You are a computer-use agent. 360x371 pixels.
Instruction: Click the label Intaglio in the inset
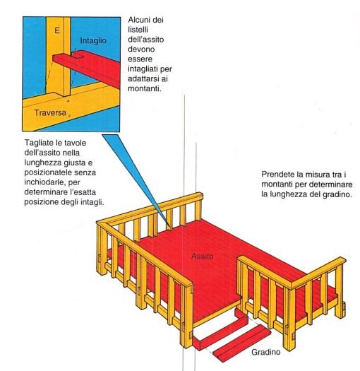tap(93, 41)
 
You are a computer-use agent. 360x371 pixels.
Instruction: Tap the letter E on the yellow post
tap(57, 30)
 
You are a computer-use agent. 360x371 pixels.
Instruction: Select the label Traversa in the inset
tap(50, 112)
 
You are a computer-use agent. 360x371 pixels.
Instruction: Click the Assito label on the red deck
tap(202, 256)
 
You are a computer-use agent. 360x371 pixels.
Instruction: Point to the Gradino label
tap(265, 352)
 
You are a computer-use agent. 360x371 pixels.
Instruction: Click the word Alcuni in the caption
tap(139, 20)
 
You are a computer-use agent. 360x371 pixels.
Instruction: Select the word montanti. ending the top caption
tap(144, 88)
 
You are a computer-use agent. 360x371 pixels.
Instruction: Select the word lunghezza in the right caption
tap(288, 194)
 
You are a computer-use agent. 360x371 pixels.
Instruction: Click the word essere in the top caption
tap(140, 59)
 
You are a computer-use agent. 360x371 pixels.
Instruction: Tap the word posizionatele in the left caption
tap(48, 172)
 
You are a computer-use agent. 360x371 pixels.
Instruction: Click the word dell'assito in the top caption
tap(146, 40)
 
